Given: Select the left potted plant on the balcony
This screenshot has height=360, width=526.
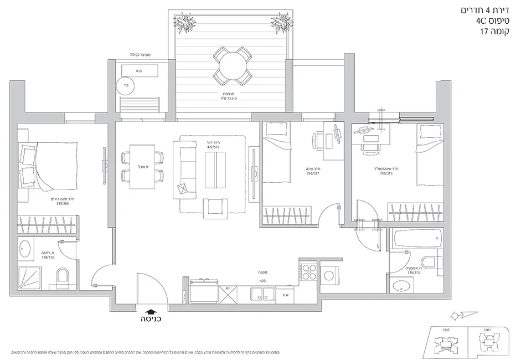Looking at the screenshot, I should pyautogui.click(x=184, y=23).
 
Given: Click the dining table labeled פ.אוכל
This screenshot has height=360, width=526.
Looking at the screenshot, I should pyautogui.click(x=142, y=167).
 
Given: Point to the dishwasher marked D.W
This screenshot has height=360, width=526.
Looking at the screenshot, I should pyautogui.click(x=285, y=294).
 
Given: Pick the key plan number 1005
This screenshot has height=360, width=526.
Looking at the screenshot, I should pyautogui.click(x=446, y=330).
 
